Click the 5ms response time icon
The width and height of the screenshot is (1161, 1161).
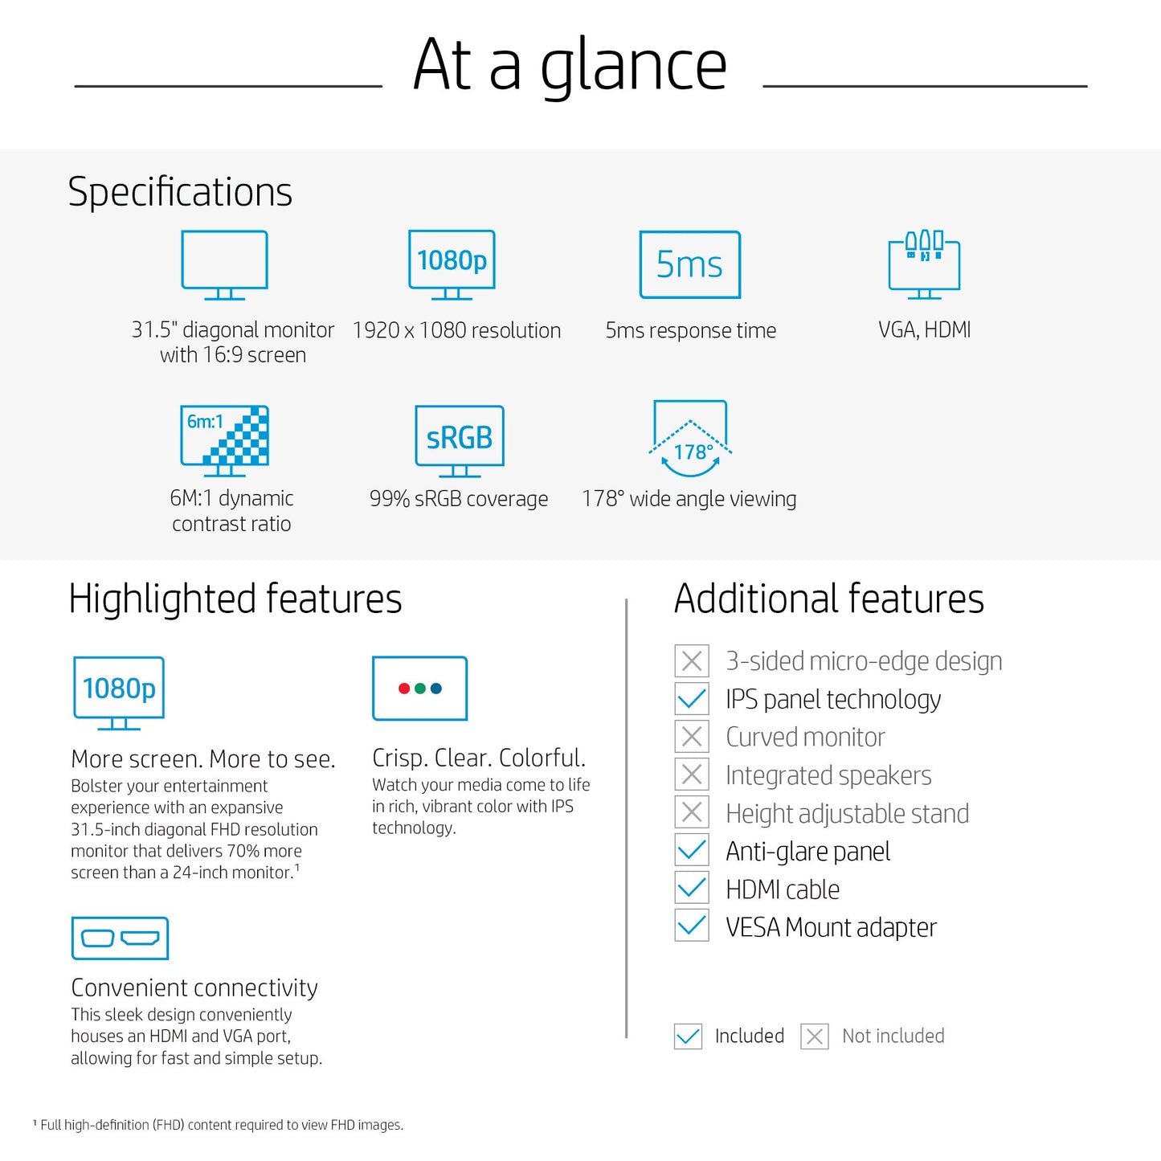tap(690, 264)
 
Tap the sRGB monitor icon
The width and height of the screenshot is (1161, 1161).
tap(459, 441)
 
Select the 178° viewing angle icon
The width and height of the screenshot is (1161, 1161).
tap(690, 439)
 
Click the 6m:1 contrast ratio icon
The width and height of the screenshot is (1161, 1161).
tap(224, 441)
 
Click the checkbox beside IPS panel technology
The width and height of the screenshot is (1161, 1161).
tap(692, 699)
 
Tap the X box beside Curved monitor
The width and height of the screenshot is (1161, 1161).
tap(692, 737)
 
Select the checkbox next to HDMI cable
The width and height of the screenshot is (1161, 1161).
tap(692, 889)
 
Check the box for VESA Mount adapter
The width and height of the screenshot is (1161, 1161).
tap(692, 927)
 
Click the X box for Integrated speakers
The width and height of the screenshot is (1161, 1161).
tap(692, 775)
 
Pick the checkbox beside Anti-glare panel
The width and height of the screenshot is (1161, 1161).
tap(692, 852)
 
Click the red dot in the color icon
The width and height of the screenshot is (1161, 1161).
tap(404, 688)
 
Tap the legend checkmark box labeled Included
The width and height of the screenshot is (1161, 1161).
tap(688, 1036)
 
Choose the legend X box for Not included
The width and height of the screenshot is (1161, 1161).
tap(815, 1036)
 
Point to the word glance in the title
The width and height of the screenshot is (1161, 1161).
tap(633, 66)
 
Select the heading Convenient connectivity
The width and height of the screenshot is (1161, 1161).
tap(194, 987)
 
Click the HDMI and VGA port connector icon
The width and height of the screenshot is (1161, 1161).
tap(120, 938)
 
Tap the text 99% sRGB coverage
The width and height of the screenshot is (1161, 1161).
tap(459, 499)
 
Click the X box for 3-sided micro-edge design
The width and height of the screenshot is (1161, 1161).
tap(692, 661)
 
